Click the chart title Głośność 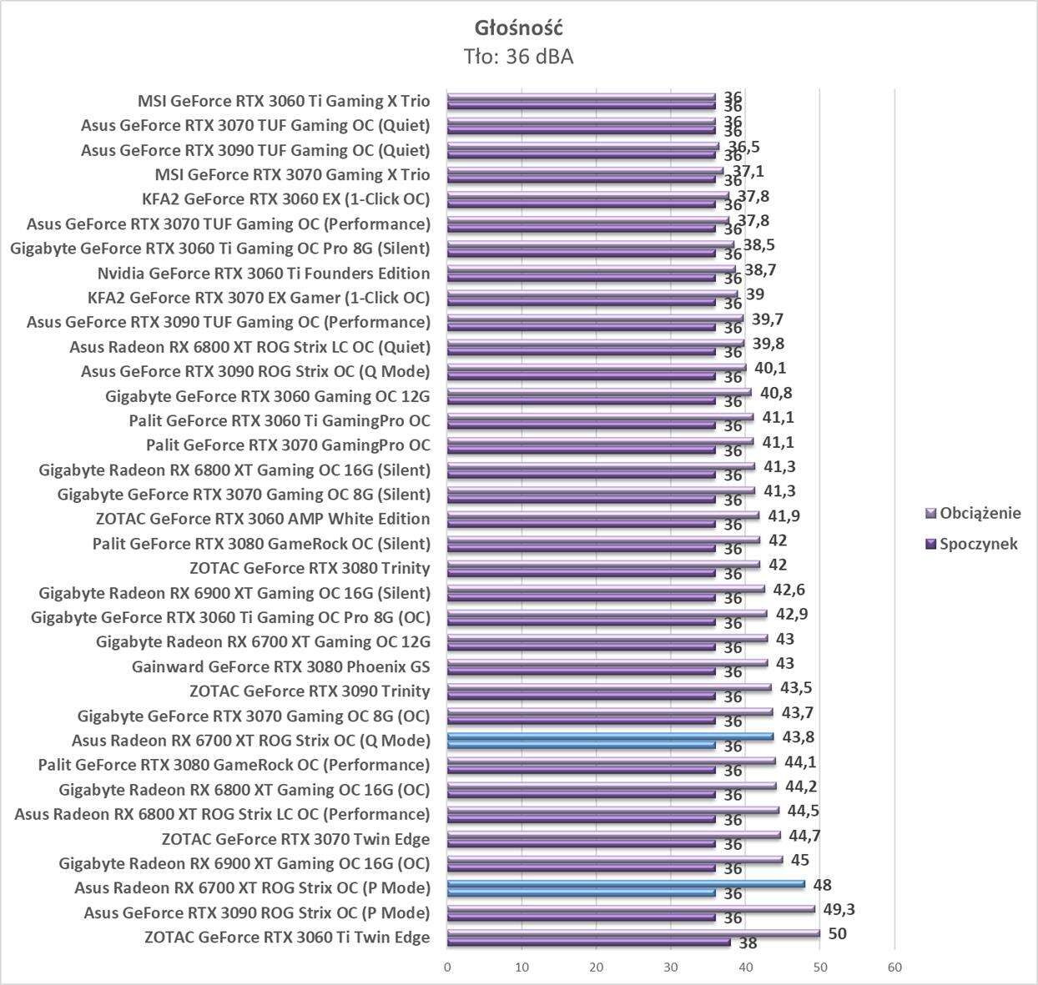click(x=518, y=28)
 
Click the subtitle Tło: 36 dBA click(x=518, y=57)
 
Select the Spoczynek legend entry click(x=978, y=544)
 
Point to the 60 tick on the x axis click(x=894, y=967)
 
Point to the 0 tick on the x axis click(x=447, y=967)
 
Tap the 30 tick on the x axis click(x=671, y=967)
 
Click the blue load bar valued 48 click(x=626, y=884)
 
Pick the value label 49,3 click(x=840, y=909)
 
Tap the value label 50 click(x=837, y=933)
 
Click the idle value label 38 click(x=748, y=943)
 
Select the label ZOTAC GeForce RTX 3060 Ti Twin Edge click(x=287, y=937)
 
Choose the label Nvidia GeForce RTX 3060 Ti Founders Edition click(x=264, y=274)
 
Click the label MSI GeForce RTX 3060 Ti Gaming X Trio click(x=284, y=102)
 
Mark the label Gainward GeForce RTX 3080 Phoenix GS click(x=281, y=666)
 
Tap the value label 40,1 click(x=770, y=368)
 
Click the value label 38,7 click(x=761, y=270)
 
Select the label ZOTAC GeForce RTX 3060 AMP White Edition click(x=263, y=519)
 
